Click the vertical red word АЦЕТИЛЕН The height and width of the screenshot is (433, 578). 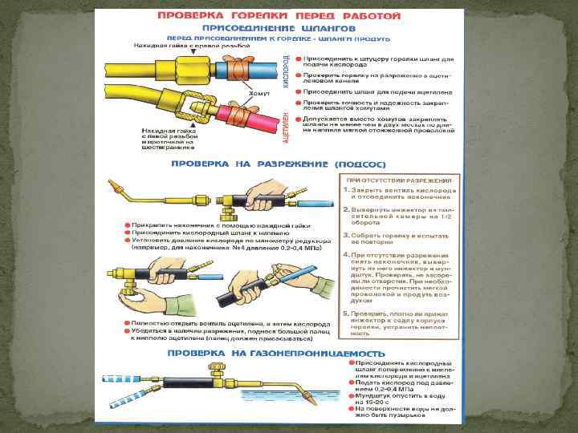coord(286,127)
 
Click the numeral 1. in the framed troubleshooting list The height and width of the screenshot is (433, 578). coord(345,190)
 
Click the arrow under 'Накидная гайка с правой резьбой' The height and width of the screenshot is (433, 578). coord(190,54)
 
